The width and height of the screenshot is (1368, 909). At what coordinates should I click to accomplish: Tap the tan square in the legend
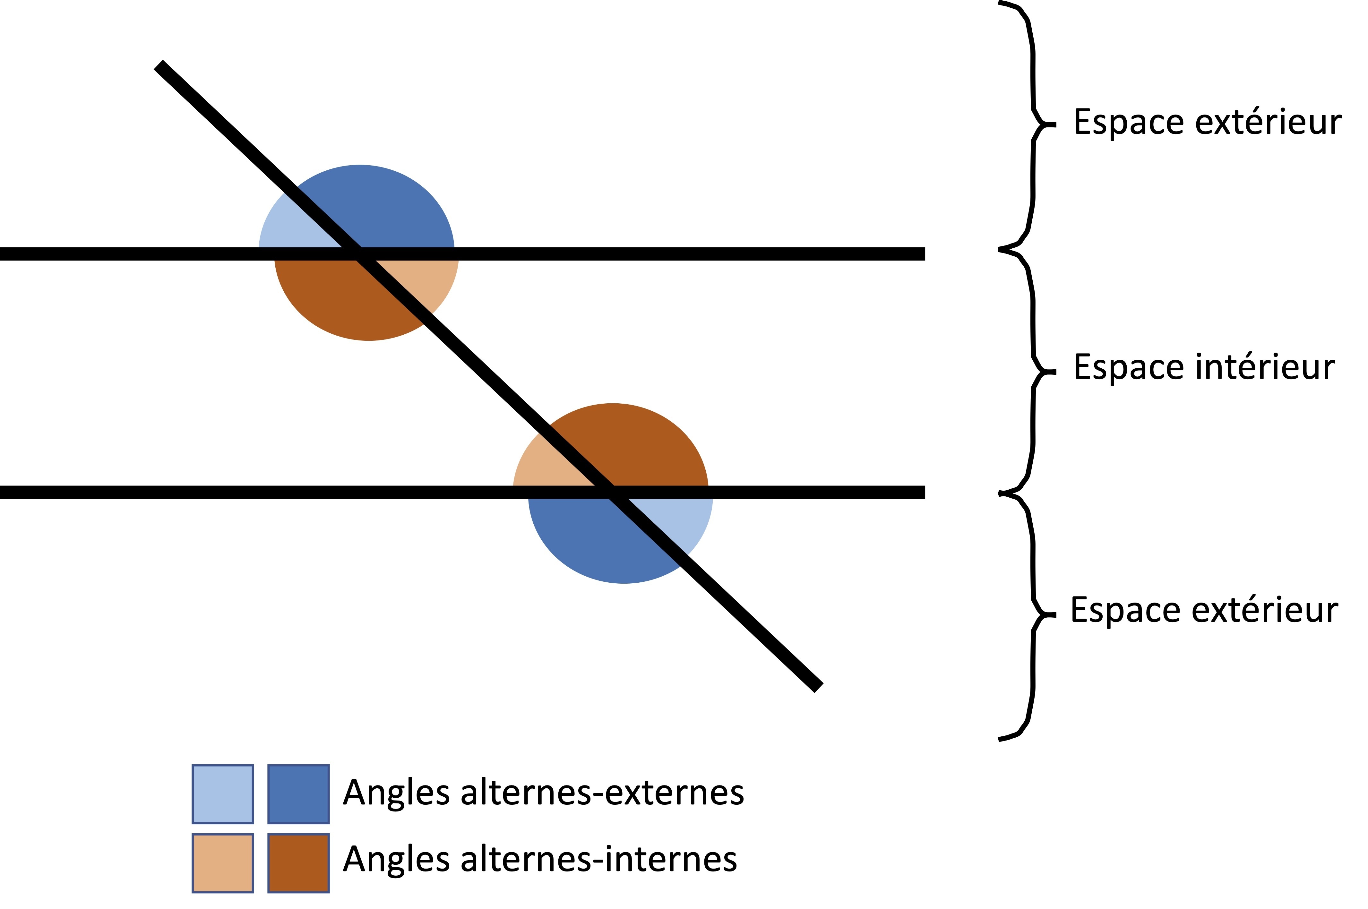click(x=223, y=863)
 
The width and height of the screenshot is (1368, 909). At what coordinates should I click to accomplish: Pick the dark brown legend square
click(x=298, y=863)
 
